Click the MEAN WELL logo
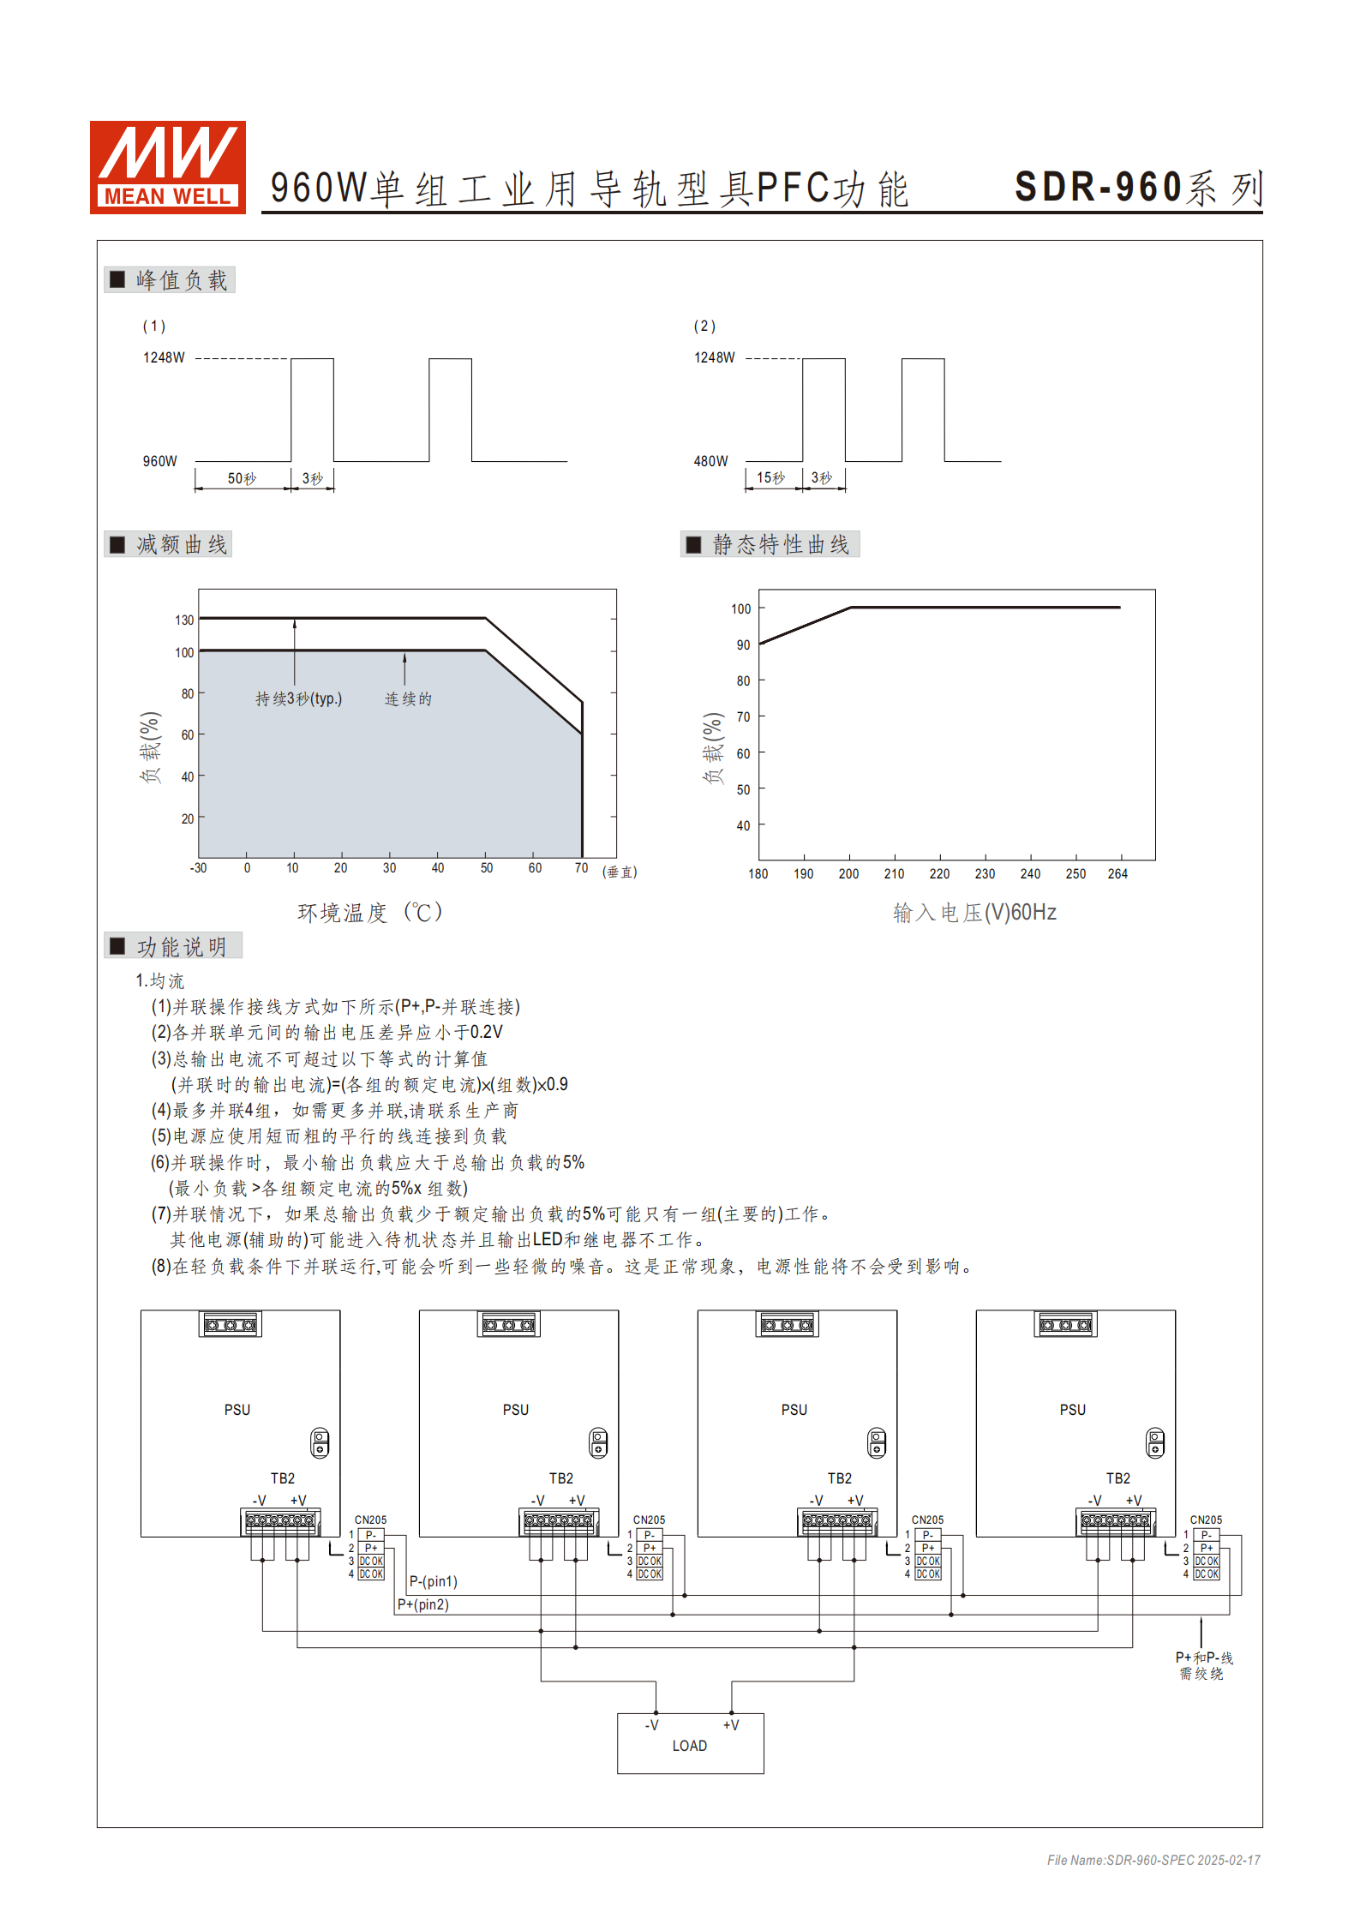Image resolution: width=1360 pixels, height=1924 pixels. pos(168,167)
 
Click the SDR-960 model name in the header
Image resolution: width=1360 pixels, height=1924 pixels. pos(1099,188)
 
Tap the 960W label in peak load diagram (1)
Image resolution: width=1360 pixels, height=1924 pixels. pos(159,461)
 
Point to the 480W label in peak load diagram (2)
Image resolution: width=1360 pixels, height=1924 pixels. pos(710,461)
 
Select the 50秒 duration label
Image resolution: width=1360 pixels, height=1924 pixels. pos(242,478)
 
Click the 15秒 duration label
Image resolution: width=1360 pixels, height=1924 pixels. pos(770,477)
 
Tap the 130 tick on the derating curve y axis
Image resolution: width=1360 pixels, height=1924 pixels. pos(184,620)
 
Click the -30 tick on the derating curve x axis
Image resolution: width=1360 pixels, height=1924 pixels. pos(198,868)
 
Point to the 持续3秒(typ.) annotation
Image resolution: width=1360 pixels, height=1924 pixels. pos(298,698)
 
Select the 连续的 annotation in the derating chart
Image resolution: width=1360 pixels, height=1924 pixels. pos(408,698)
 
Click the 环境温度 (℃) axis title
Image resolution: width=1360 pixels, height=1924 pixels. pos(369,912)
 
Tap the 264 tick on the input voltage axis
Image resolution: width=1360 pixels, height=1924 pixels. pos(1117,874)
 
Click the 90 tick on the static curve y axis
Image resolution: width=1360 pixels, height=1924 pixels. pos(743,644)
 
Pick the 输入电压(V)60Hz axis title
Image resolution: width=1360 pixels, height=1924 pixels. pos(974,912)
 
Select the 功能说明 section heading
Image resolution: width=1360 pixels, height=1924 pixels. pos(181,946)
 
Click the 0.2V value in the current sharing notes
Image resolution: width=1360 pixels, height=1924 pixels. pos(486,1032)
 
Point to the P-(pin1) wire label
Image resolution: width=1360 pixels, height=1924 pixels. pos(433,1581)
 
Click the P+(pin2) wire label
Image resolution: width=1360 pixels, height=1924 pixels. pos(422,1604)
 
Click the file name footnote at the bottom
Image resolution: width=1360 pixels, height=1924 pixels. pos(1153,1860)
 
